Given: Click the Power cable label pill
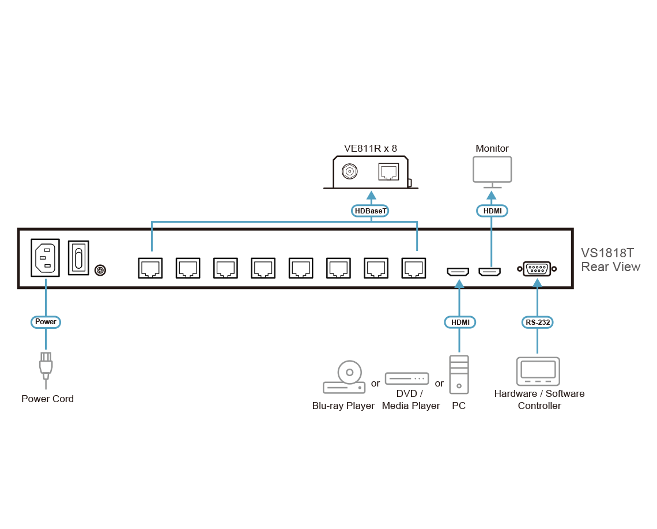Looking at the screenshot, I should pyautogui.click(x=46, y=321).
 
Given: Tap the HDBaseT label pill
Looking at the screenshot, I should pyautogui.click(x=371, y=211).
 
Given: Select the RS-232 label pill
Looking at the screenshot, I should pyautogui.click(x=537, y=322).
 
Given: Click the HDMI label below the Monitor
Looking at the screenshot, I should pyautogui.click(x=492, y=211).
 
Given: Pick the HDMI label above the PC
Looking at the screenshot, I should pyautogui.click(x=459, y=322).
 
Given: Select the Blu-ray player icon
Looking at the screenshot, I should pyautogui.click(x=345, y=378).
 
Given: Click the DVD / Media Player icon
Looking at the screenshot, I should pyautogui.click(x=407, y=379).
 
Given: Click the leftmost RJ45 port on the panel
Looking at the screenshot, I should pyautogui.click(x=150, y=268).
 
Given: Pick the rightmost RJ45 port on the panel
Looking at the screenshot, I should pyautogui.click(x=414, y=268).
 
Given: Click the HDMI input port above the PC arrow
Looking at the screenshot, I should pyautogui.click(x=459, y=271).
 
